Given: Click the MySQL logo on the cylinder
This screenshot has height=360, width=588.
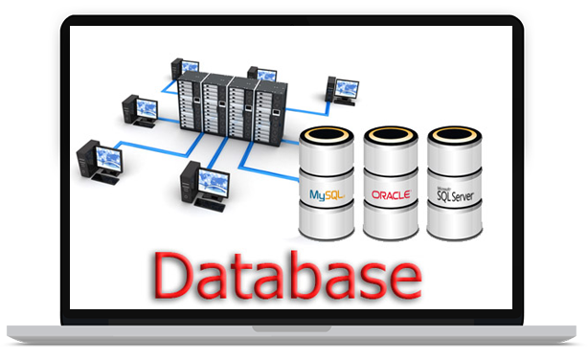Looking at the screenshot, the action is click(x=327, y=195).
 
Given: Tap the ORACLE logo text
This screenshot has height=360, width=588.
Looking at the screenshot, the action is click(x=391, y=194).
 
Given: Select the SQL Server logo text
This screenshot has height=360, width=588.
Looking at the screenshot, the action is click(x=455, y=194).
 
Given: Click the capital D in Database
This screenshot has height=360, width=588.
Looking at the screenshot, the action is click(x=172, y=275).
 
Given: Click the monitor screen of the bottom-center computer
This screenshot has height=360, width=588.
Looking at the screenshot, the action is click(x=213, y=184).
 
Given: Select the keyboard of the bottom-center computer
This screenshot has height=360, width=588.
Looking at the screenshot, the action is click(x=210, y=205).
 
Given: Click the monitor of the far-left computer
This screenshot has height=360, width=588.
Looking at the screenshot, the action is click(x=109, y=159).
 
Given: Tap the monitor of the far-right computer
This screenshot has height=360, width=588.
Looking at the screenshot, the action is click(x=347, y=89).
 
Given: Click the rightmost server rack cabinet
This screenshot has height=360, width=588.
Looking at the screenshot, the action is click(x=271, y=114).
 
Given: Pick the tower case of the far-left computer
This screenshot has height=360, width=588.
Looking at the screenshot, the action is click(x=87, y=158).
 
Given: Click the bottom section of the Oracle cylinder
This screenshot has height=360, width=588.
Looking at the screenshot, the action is click(x=391, y=221).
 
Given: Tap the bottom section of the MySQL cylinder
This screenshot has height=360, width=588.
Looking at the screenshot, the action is click(x=327, y=221).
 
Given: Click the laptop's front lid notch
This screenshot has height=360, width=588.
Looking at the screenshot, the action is click(x=292, y=328).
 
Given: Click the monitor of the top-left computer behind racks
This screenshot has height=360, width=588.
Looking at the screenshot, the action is click(x=190, y=67).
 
